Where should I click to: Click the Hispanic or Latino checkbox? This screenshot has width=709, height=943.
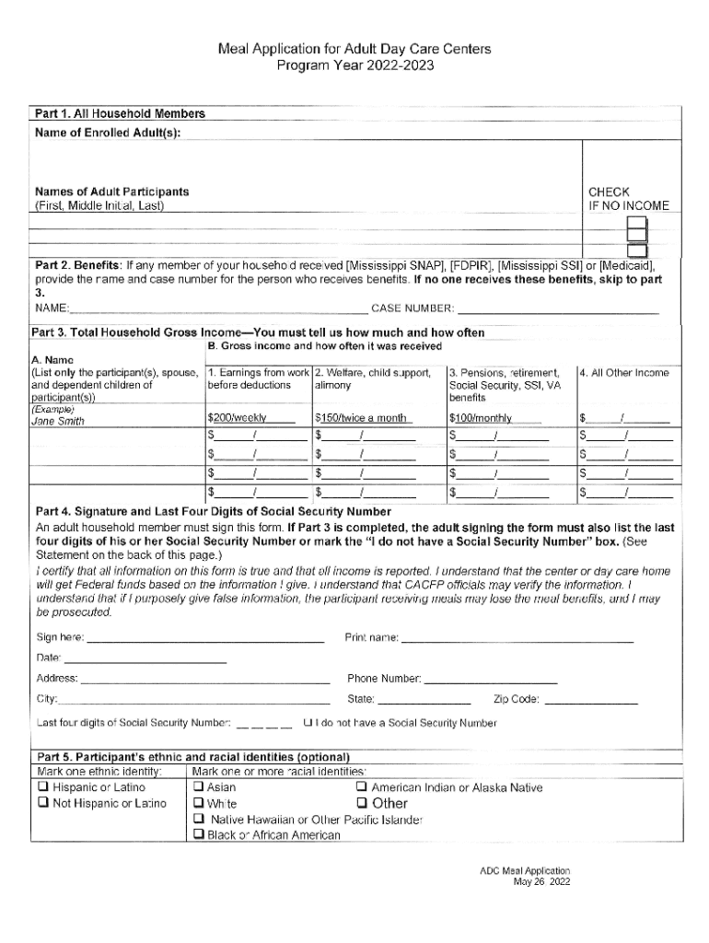[42, 787]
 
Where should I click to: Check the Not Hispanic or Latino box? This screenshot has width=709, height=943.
[42, 803]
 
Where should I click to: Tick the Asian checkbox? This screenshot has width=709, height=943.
[198, 787]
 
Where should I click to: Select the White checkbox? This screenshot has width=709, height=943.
[198, 803]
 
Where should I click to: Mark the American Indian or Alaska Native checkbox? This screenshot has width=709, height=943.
[362, 787]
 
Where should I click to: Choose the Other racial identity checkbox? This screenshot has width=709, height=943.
[362, 803]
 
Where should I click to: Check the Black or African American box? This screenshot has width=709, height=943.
[198, 835]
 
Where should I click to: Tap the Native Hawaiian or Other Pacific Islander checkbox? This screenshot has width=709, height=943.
[198, 820]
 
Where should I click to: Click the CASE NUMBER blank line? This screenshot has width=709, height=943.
[558, 309]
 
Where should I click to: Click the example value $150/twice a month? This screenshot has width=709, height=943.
[361, 418]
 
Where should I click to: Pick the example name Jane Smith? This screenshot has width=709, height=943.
[58, 421]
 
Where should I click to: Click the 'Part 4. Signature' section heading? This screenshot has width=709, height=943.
[213, 511]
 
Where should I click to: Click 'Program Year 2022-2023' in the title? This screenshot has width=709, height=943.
[354, 66]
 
